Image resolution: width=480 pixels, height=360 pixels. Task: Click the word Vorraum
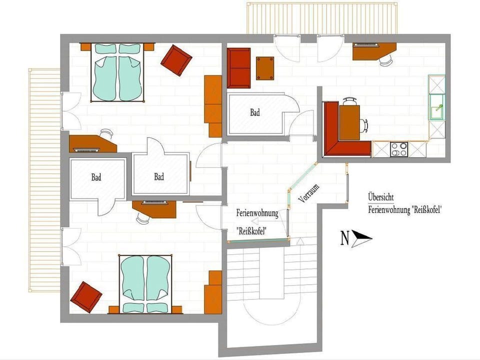[309, 193]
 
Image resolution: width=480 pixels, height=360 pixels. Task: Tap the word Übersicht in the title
[381, 197]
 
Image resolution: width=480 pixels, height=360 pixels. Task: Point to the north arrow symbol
[362, 238]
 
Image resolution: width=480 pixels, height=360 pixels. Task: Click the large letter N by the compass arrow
[345, 238]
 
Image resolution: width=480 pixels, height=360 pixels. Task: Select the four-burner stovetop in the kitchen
[399, 149]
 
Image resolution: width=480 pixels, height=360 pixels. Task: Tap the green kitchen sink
[437, 107]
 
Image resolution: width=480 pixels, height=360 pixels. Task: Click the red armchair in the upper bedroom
[176, 60]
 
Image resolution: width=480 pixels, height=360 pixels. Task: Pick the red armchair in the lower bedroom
[86, 297]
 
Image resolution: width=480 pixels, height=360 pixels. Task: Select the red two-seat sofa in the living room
[239, 68]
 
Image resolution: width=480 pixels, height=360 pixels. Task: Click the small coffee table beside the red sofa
[265, 68]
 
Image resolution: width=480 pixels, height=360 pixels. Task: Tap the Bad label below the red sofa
[255, 112]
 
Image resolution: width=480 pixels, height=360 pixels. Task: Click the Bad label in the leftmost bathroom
[96, 177]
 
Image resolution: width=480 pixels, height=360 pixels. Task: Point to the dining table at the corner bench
[349, 122]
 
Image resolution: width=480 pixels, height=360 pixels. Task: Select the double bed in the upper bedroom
[117, 72]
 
